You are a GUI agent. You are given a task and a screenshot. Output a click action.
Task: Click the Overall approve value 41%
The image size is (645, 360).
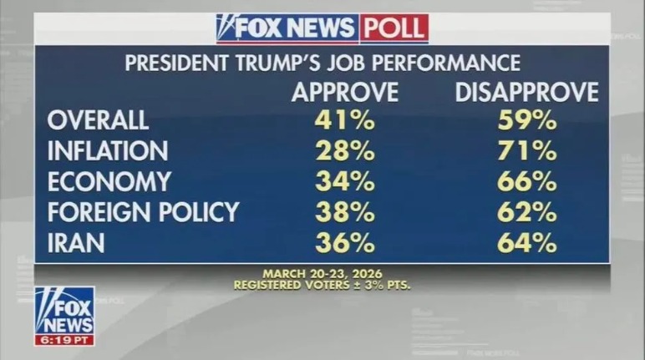[x=344, y=120]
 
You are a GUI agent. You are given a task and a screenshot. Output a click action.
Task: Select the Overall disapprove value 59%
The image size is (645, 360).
[x=526, y=120]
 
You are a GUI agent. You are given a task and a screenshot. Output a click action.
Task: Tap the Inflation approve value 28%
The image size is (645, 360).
[x=344, y=151]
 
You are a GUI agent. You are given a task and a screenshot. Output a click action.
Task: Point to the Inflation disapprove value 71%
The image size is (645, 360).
[x=526, y=151]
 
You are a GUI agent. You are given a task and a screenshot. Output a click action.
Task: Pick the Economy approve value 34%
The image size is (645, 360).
[x=344, y=181]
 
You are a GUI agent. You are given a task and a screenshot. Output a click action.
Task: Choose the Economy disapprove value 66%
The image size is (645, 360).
[x=526, y=181]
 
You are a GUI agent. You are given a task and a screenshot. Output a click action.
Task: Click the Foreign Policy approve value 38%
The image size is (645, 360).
[x=344, y=212]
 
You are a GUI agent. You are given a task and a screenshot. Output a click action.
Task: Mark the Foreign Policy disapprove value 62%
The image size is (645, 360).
[x=526, y=212]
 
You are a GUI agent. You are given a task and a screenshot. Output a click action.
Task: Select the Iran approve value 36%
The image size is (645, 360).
[x=344, y=242]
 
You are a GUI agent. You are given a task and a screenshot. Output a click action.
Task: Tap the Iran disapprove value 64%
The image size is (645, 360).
[x=526, y=242]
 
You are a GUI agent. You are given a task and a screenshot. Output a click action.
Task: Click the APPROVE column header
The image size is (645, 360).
[x=344, y=92]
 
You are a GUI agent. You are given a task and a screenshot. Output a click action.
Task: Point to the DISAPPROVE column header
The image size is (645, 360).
[x=526, y=92]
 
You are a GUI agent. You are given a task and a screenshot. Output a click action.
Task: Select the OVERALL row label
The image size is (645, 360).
[x=98, y=120]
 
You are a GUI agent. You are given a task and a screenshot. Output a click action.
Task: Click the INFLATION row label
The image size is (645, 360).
[x=108, y=151]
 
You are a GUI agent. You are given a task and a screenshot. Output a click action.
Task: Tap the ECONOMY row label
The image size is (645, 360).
[x=109, y=181]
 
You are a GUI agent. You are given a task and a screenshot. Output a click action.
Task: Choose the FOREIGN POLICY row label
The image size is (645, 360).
[x=143, y=212]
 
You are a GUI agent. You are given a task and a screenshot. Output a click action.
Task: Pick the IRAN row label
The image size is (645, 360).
[x=75, y=242]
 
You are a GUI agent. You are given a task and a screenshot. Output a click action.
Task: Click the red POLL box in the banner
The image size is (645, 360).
[x=394, y=28]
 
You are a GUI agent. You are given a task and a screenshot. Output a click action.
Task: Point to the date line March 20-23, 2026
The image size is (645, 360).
[x=322, y=274]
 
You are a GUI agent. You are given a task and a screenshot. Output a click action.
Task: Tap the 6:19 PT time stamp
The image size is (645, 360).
[x=64, y=340]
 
